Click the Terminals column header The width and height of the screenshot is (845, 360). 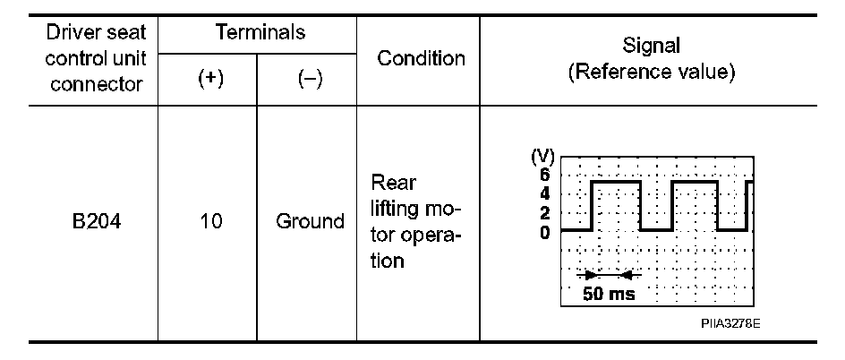coord(260,33)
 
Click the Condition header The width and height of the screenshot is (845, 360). coord(421,59)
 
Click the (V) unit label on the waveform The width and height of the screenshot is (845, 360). coord(542,159)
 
